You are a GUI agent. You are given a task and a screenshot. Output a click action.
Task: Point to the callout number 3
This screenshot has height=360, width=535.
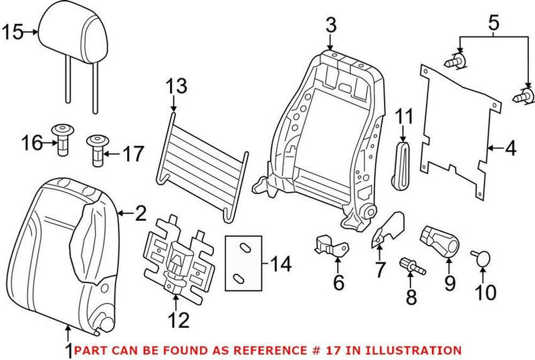coord(331,26)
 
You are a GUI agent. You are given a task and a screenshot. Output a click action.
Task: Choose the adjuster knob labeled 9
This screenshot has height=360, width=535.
coord(437,242)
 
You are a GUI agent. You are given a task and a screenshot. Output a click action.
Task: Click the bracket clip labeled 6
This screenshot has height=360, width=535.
coord(330,246)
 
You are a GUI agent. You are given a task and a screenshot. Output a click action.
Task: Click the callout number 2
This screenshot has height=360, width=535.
coord(140,213)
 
